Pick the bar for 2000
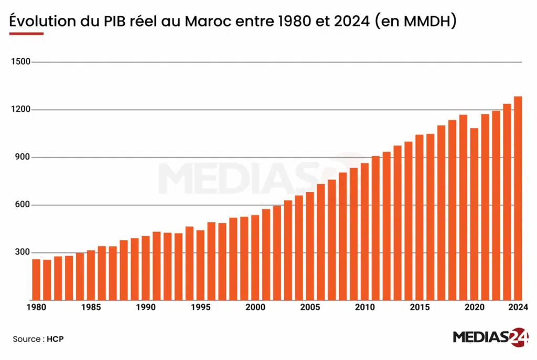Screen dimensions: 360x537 tap(255, 257)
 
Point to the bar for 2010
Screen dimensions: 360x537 tap(364, 231)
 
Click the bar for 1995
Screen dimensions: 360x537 tap(200, 265)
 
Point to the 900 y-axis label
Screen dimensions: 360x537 tap(23, 157)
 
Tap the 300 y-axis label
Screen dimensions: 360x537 tap(23, 252)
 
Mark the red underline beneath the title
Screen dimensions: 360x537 tap(26, 34)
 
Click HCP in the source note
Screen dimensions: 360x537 tap(55, 340)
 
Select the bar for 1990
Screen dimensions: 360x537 tap(146, 268)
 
